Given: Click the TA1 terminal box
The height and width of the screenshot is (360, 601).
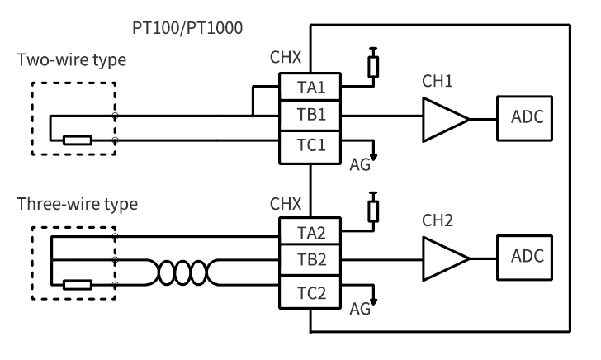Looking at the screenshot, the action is click(x=310, y=87).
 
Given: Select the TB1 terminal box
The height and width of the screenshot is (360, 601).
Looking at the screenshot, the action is click(x=310, y=116).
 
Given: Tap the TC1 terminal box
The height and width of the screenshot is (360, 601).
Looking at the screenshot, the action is click(x=310, y=147).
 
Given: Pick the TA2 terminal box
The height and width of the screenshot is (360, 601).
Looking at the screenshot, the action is click(x=310, y=231).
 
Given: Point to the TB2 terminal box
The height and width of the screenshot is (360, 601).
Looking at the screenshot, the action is click(x=310, y=260).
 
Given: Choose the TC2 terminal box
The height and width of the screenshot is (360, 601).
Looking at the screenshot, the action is click(x=310, y=292).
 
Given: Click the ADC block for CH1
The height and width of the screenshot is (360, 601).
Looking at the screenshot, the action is click(x=524, y=118).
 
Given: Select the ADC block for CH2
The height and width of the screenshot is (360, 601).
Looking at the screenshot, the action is click(x=524, y=258).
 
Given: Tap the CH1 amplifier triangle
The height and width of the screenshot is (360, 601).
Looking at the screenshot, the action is click(x=446, y=120).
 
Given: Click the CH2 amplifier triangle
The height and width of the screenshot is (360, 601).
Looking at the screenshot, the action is click(x=446, y=258).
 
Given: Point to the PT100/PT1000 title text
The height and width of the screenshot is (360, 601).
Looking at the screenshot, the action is click(x=187, y=28).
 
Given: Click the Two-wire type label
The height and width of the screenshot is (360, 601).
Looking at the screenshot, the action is click(x=72, y=60).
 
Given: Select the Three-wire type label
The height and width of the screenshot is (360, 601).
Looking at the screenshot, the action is click(x=78, y=204).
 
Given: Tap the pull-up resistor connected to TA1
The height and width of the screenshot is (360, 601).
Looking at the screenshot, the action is click(x=373, y=67).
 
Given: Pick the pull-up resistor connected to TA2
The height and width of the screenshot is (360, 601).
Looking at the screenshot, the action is click(x=373, y=211).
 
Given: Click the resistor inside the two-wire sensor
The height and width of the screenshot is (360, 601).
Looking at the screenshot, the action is click(x=78, y=140).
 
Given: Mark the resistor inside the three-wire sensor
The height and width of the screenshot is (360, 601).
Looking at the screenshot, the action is click(x=78, y=285).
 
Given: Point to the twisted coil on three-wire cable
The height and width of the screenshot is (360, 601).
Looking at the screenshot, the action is click(x=182, y=272).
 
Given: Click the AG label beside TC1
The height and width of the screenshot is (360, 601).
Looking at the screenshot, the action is click(x=360, y=165).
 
